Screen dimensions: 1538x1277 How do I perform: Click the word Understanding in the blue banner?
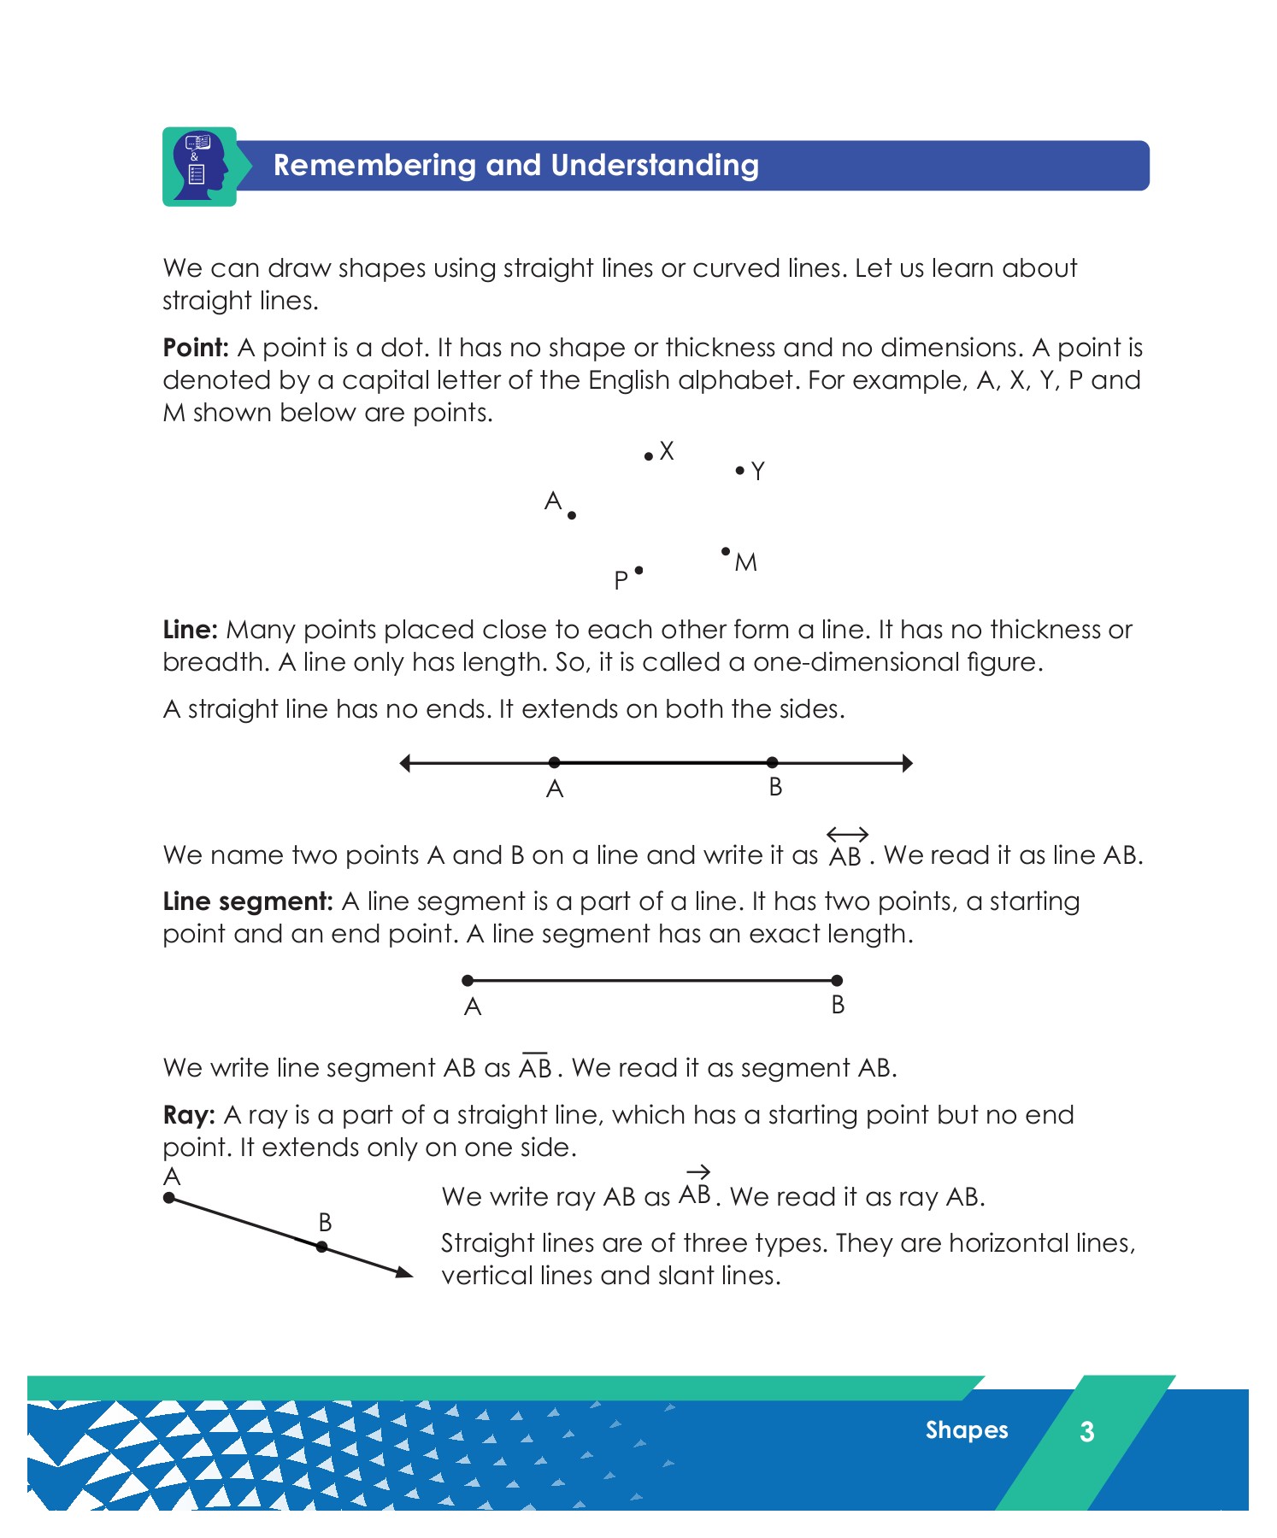click(655, 165)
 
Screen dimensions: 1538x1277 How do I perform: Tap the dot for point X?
click(648, 456)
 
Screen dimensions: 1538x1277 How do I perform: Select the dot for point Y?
click(739, 470)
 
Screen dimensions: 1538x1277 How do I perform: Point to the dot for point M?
click(726, 551)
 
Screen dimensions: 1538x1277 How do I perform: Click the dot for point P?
click(638, 570)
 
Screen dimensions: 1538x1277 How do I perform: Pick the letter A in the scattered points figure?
click(553, 501)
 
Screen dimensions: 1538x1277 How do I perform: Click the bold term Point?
click(196, 348)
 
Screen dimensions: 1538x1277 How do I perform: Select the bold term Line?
click(191, 630)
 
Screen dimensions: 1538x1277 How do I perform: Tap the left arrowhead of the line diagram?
click(406, 763)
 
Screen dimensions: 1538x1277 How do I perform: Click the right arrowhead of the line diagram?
click(907, 763)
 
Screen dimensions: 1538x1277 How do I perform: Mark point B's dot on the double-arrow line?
click(773, 762)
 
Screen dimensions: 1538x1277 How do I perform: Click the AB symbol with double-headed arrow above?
click(846, 848)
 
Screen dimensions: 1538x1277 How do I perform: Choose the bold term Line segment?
click(247, 901)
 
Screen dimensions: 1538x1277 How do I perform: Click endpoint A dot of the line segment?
click(468, 980)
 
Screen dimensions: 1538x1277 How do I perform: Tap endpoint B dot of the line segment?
click(837, 980)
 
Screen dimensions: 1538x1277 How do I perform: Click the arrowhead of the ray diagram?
click(404, 1273)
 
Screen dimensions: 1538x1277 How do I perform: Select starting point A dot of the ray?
click(169, 1198)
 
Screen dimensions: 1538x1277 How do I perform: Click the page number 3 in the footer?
click(1086, 1431)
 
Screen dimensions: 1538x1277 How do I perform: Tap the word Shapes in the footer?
click(967, 1429)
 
